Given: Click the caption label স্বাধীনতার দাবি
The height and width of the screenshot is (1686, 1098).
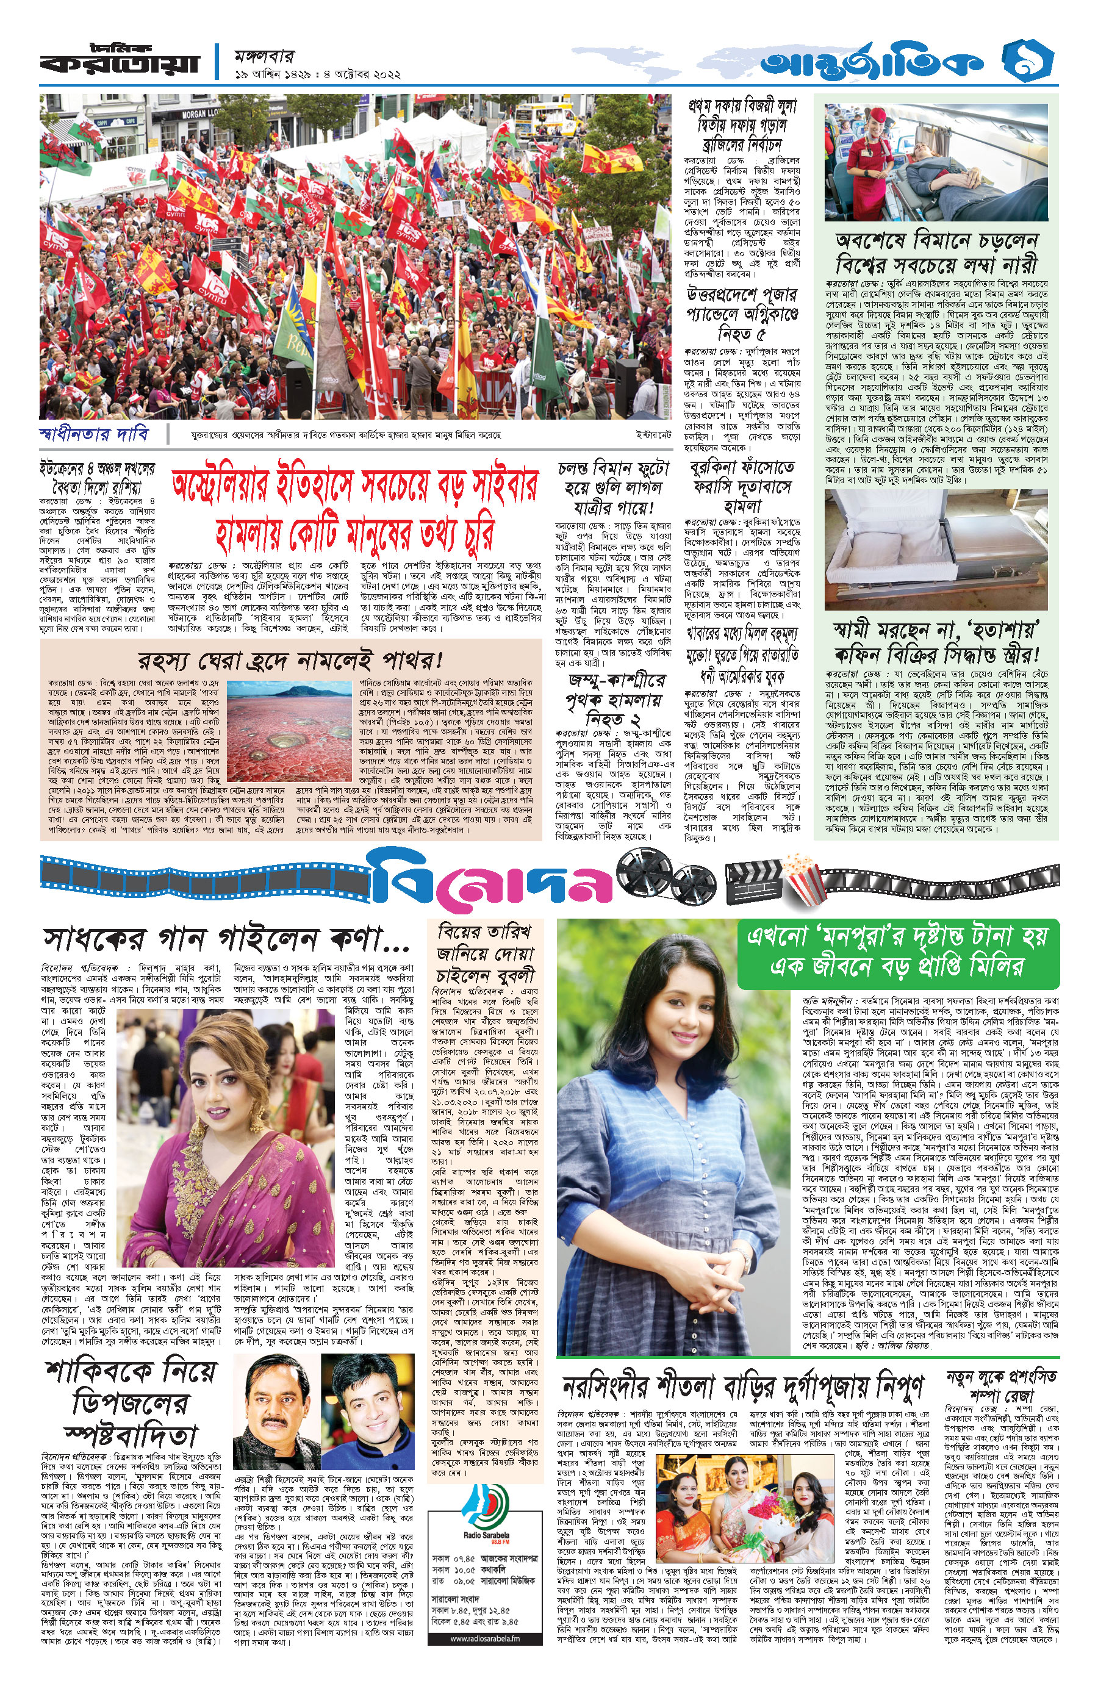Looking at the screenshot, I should (93, 434).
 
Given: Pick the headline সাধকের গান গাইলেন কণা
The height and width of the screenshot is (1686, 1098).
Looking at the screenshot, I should (227, 939).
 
